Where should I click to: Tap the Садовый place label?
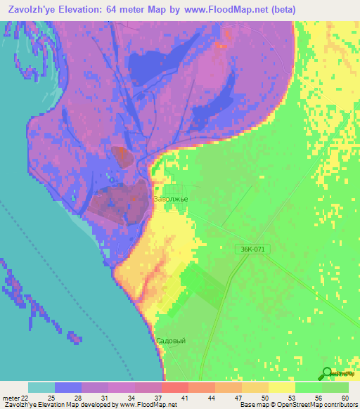(171, 340)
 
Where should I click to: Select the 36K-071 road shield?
(252, 249)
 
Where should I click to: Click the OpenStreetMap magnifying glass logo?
(327, 374)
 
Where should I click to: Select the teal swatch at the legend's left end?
(41, 388)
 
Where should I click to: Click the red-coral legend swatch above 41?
(174, 388)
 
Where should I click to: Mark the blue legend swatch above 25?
(68, 388)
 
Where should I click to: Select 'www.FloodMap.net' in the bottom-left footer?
(148, 405)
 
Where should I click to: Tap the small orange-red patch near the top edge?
(221, 44)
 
